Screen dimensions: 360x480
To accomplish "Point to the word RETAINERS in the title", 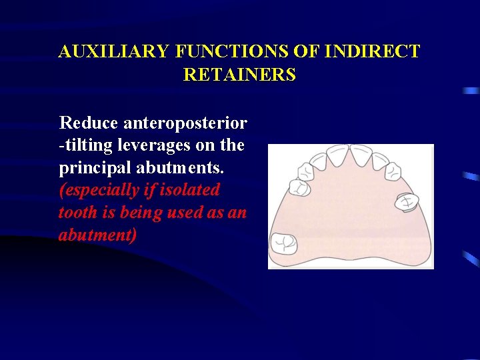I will [x=239, y=75].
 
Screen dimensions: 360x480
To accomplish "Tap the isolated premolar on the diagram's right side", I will [x=405, y=201].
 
